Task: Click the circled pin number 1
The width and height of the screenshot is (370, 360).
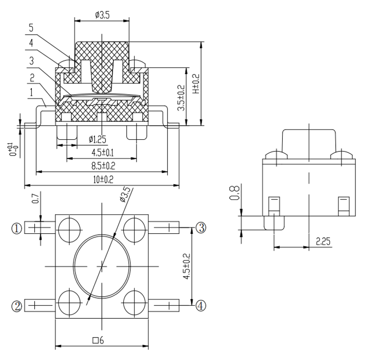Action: (x=17, y=228)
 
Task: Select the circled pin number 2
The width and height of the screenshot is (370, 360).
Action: (x=17, y=306)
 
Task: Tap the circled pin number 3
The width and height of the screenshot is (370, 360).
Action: (x=200, y=228)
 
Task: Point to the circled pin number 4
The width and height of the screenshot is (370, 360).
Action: (x=200, y=306)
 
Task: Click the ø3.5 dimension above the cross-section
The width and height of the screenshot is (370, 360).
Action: (x=102, y=15)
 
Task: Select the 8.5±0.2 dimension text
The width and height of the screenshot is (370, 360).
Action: (x=102, y=165)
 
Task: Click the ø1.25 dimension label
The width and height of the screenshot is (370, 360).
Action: (x=98, y=139)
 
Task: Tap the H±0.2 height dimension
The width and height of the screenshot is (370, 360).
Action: (x=196, y=83)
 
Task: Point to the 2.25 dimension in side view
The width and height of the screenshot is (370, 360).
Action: (x=323, y=241)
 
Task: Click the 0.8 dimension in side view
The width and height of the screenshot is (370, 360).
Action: (x=235, y=193)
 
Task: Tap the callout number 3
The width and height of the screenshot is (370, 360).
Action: (x=31, y=60)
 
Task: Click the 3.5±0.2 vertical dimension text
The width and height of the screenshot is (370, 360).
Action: (x=181, y=97)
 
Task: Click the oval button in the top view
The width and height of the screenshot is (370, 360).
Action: (x=102, y=266)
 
